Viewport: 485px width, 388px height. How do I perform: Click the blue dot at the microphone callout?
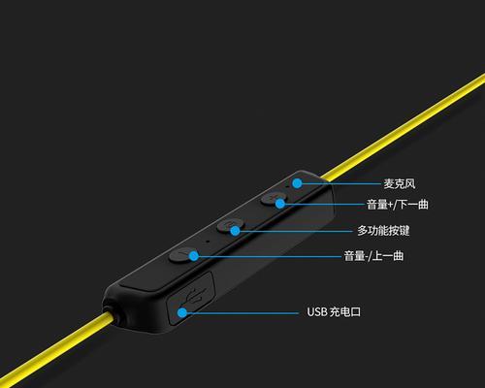tap(297, 183)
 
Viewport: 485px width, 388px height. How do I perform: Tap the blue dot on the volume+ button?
tap(280, 204)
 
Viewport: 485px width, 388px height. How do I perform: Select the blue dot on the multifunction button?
tap(235, 231)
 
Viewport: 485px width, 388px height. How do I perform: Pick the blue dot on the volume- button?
tap(193, 256)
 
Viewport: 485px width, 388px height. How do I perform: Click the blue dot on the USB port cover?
tap(182, 312)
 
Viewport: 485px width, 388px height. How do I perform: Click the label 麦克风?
tap(400, 183)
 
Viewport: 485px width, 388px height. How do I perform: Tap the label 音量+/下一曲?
tap(398, 205)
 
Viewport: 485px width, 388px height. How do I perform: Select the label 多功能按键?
tap(383, 231)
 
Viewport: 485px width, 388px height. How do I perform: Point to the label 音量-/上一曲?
tap(373, 256)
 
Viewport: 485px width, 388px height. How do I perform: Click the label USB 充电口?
tap(334, 312)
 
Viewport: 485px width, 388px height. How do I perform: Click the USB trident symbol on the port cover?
tap(194, 296)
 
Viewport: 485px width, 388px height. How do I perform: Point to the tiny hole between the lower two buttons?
tap(208, 241)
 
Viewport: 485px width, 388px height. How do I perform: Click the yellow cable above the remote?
tap(404, 126)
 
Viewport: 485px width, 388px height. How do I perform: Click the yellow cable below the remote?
tap(55, 349)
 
